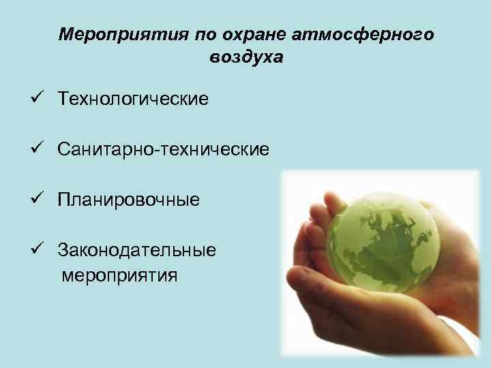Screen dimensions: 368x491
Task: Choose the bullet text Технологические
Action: point(133,99)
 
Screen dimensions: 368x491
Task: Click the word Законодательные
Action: point(137,250)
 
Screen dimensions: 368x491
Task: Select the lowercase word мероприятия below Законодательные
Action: point(119,275)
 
